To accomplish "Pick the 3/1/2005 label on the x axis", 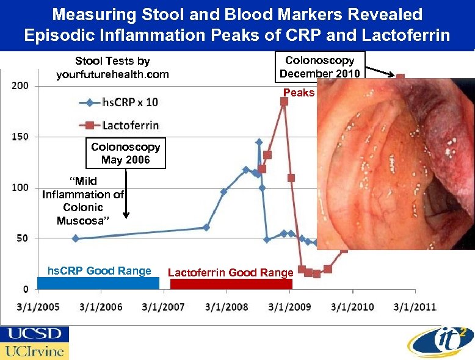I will point(38,307).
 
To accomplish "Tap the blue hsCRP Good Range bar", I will point(98,283).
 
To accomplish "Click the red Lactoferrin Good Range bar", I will point(231,284).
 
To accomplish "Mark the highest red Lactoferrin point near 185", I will point(284,101).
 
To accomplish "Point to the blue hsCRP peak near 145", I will point(259,142).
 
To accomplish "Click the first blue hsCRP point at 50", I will point(75,239).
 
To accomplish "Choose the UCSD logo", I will point(34,334).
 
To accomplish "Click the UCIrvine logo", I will point(34,351).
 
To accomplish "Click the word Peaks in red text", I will point(299,93).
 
